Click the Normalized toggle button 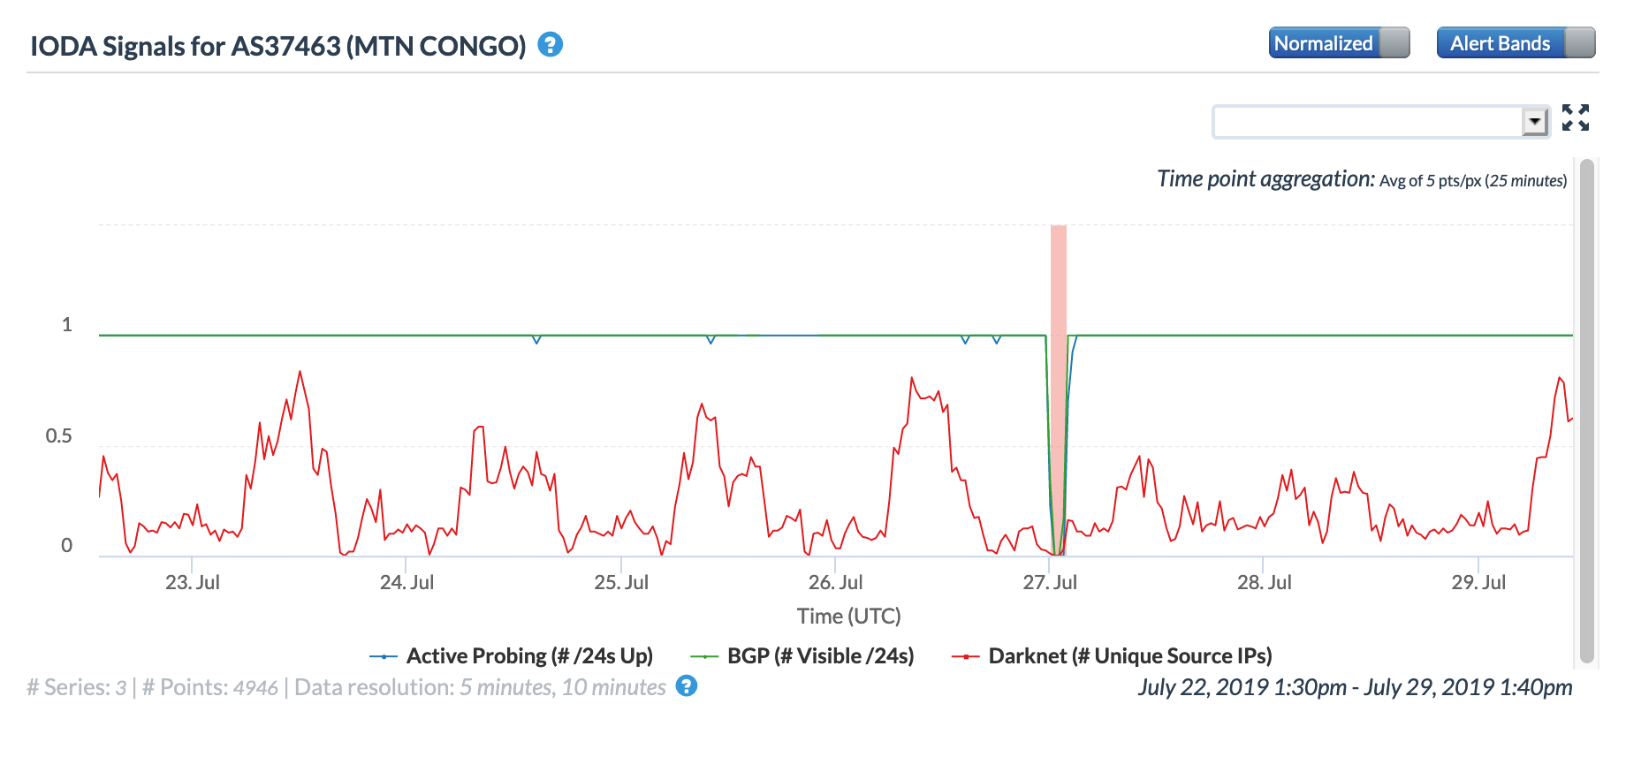(x=1339, y=43)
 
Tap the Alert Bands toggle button (x=1516, y=43)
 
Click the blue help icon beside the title (x=551, y=44)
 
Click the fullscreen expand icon (x=1575, y=117)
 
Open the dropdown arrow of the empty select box (x=1535, y=121)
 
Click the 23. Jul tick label (x=193, y=583)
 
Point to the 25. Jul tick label (x=621, y=583)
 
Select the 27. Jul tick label (x=1050, y=583)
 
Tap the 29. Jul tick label (x=1478, y=583)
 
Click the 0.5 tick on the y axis (x=59, y=436)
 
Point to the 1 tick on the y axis (x=66, y=325)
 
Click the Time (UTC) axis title (x=848, y=617)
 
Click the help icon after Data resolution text (x=687, y=686)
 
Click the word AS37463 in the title (x=285, y=46)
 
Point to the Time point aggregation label (x=1265, y=179)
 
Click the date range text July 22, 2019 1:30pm (x=1242, y=687)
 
